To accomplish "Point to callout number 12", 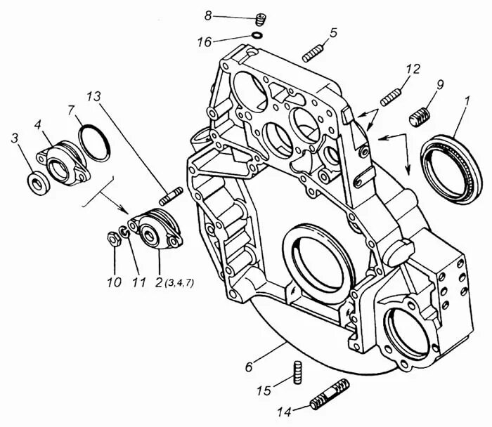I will (x=413, y=69).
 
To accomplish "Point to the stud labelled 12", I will (x=390, y=96).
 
